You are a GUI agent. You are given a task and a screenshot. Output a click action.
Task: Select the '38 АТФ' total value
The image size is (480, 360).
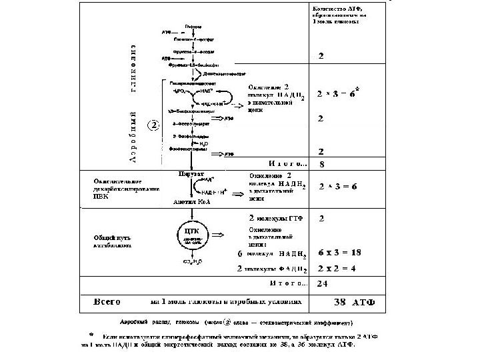point(355,301)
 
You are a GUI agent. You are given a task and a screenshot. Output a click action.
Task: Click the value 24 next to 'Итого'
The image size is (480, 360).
point(322,283)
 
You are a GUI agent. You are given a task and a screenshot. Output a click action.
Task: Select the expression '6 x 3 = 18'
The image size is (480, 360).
point(339,253)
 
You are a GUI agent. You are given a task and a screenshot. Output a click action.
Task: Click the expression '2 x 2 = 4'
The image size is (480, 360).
point(337,269)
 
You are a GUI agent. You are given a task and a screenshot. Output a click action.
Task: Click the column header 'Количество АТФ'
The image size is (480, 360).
point(341,14)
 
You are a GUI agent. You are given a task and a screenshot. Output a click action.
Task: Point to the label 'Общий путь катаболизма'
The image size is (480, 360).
point(110,240)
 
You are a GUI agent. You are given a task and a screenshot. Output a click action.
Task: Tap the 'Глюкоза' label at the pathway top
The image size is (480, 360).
point(193,25)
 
